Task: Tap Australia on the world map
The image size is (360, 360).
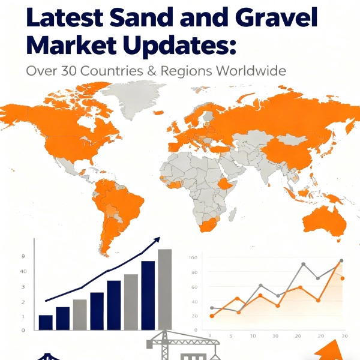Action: coord(323,220)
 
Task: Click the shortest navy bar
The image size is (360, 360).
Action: coord(46,322)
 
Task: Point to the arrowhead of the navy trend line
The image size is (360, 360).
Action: coord(158,240)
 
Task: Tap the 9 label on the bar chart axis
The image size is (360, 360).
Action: coord(23,257)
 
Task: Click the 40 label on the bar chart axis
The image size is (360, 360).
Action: coord(23,272)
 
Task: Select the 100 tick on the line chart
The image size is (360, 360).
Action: coord(193,258)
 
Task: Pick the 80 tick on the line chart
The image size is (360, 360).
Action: coord(194,272)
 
